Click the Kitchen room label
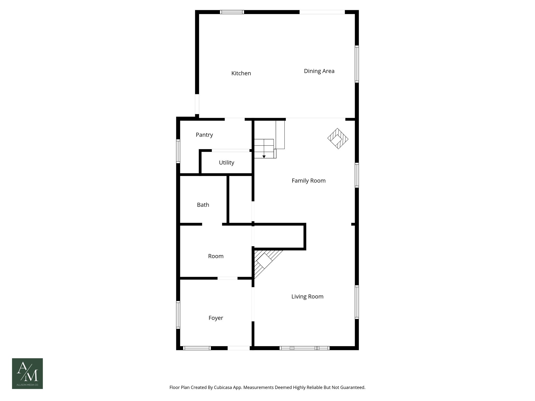[x=241, y=73]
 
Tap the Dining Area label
[x=319, y=71]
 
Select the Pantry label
[x=204, y=135]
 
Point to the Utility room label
[x=226, y=163]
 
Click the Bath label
[x=203, y=205]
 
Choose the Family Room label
[x=309, y=181]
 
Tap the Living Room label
[x=307, y=297]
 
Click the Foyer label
[x=216, y=318]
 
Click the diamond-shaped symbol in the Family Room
[x=338, y=139]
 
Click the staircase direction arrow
[x=264, y=156]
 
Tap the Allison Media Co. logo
[x=27, y=374]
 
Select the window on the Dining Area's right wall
[x=357, y=64]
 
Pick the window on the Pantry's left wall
[x=178, y=151]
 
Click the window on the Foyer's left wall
[x=178, y=315]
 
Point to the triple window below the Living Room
[x=304, y=348]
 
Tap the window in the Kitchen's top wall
[x=232, y=12]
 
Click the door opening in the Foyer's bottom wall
[x=239, y=348]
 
